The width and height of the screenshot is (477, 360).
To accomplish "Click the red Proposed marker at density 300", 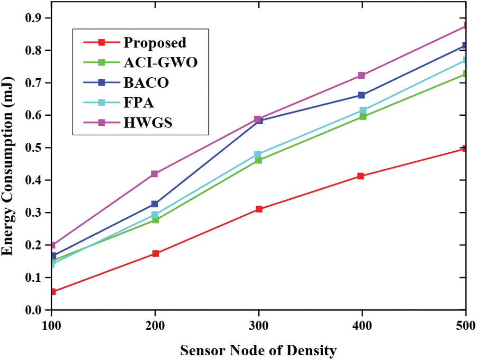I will coord(259,209).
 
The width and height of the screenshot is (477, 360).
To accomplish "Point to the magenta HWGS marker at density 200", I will coord(154,174).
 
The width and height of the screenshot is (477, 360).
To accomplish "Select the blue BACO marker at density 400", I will coord(362,95).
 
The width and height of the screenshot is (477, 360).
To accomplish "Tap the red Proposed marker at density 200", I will coord(155,254).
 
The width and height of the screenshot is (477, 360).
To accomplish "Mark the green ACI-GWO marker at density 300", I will coord(258,160).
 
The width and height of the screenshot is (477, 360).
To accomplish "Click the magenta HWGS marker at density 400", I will coord(362,75).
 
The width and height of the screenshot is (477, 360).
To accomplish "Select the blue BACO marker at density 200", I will coord(155,204).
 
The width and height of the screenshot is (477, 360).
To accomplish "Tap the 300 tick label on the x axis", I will coord(258,325).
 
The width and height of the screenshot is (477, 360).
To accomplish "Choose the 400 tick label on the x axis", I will coord(362,325).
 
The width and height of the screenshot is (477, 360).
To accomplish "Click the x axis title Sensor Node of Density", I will coord(258,351).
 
